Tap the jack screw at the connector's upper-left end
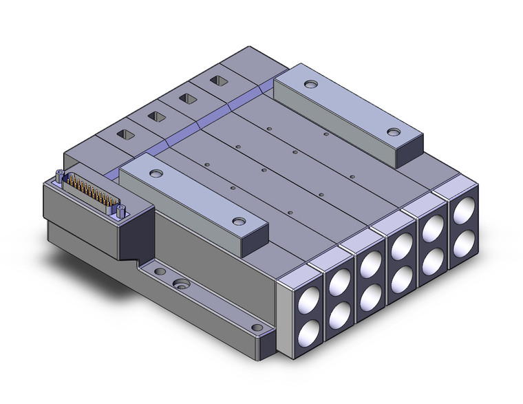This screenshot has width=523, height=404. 61,174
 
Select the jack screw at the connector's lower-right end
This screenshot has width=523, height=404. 122,210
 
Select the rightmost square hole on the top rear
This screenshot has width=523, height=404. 219,82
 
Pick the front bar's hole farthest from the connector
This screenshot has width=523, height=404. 239,221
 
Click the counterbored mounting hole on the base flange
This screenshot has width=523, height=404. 182,283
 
